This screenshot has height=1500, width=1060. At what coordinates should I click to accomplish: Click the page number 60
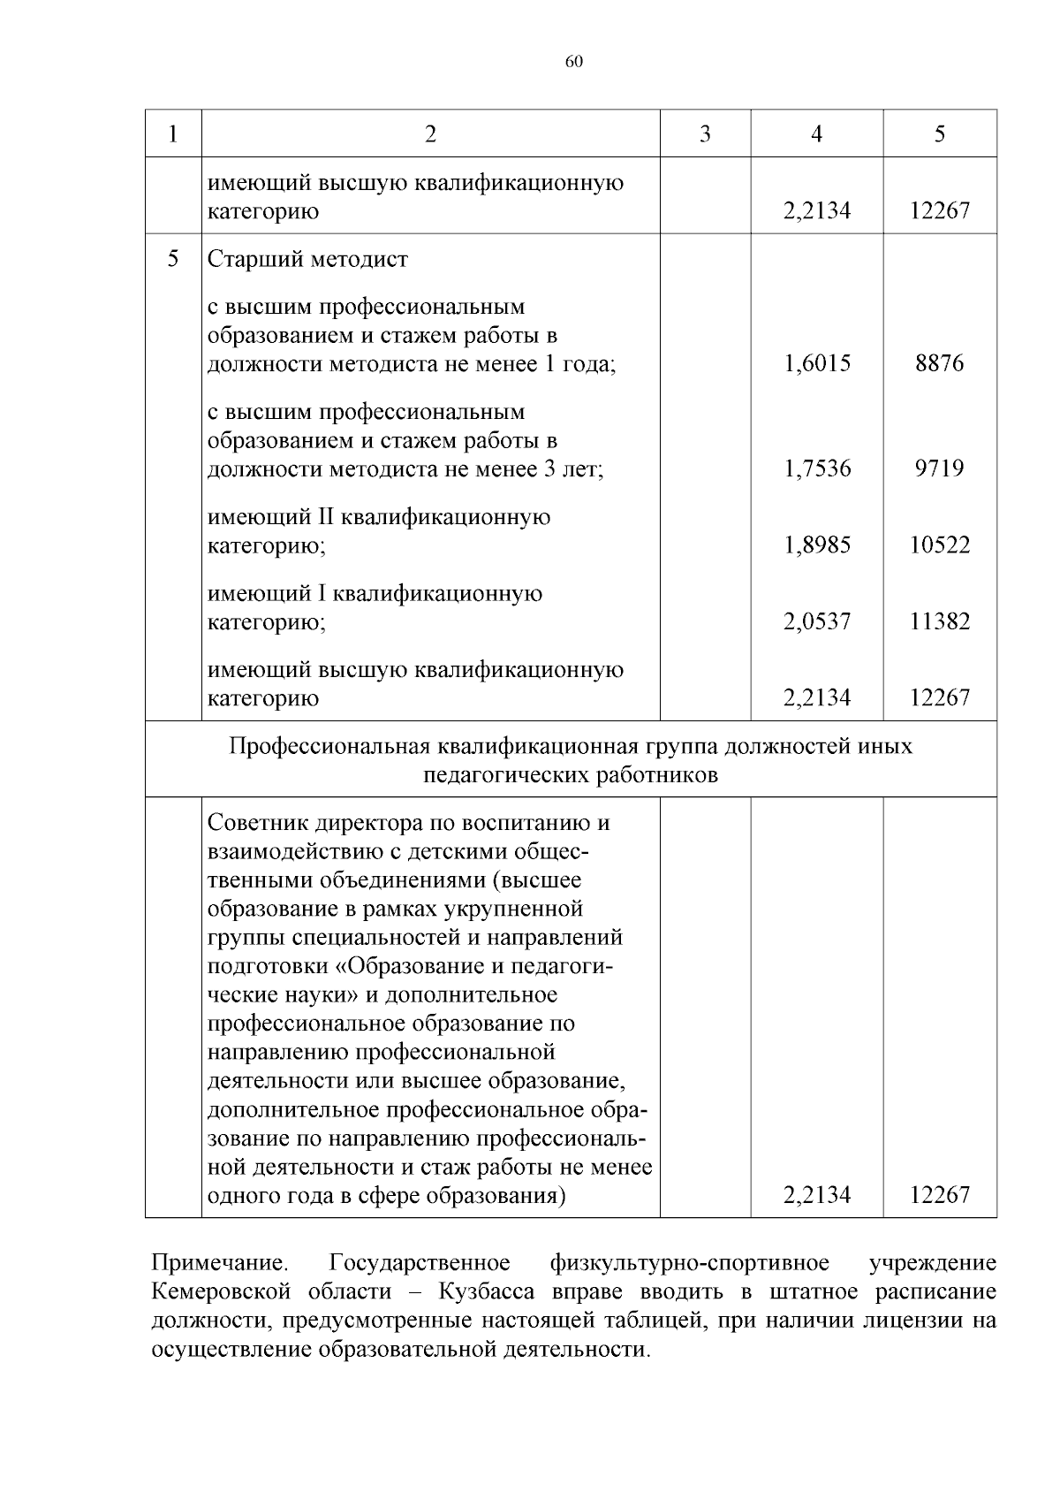coord(573,62)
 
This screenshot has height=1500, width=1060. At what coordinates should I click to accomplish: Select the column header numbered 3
coord(705,133)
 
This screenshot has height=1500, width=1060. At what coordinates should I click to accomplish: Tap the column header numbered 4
coord(816,133)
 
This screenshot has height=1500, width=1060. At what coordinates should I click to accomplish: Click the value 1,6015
coord(817,363)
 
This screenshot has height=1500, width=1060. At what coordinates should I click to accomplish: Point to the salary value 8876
coord(939,363)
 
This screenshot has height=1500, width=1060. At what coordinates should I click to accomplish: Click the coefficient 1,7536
coord(817,468)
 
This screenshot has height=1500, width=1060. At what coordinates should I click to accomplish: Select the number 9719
coord(939,468)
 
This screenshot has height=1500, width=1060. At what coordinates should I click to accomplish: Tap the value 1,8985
coord(817,545)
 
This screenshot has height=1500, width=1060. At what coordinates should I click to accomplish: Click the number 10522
coord(939,545)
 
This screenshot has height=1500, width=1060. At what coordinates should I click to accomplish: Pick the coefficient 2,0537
coord(817,621)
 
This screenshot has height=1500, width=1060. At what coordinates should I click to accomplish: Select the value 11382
coord(939,621)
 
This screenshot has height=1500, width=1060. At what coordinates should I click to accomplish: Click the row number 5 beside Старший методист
coord(172,259)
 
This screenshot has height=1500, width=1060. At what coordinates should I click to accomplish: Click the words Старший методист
coord(307,260)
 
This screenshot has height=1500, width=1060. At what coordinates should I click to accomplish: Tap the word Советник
coord(252,823)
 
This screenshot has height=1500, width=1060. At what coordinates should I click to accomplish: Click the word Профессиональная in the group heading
coord(329,747)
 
